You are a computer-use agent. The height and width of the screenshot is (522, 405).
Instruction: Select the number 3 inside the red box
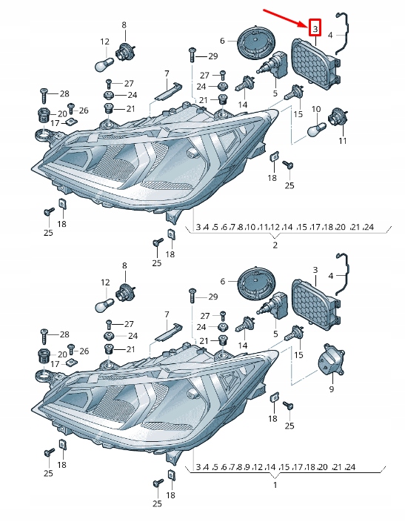[315, 28]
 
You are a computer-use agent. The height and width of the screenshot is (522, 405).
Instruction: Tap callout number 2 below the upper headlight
[275, 245]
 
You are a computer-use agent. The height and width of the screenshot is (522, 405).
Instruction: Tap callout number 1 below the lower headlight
[275, 485]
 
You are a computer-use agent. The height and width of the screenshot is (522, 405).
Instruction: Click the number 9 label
[332, 389]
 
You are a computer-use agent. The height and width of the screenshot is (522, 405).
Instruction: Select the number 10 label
[315, 109]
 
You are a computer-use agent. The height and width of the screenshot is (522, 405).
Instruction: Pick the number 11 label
[343, 141]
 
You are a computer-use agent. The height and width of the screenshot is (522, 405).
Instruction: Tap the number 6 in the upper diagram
[222, 41]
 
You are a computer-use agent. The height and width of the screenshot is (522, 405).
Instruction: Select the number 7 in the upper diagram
[167, 73]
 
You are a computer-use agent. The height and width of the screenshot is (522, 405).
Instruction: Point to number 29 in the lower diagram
[213, 297]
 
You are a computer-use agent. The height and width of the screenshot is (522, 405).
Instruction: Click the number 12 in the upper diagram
[104, 42]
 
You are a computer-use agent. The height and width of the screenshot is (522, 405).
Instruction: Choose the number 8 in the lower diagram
[124, 265]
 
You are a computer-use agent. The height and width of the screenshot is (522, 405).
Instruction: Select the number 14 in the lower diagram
[243, 346]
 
